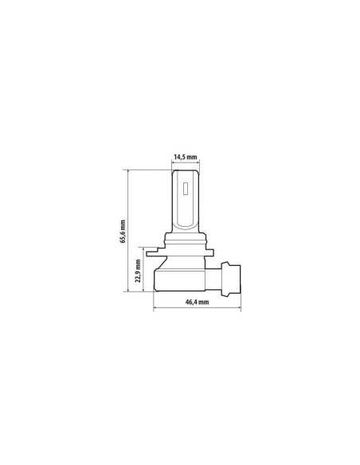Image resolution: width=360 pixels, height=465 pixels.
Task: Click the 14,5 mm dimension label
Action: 186,157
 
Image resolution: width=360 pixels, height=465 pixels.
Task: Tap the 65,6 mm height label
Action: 123,232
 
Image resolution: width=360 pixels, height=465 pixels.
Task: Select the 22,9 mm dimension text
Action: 139,271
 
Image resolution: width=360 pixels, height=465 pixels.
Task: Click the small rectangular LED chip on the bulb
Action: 186,189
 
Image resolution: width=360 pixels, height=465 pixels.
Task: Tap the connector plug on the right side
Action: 231,279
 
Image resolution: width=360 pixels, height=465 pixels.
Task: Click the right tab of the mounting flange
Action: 209,253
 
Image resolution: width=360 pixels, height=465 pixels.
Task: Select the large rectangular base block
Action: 179,279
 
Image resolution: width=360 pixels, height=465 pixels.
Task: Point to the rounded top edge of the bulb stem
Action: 186,170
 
